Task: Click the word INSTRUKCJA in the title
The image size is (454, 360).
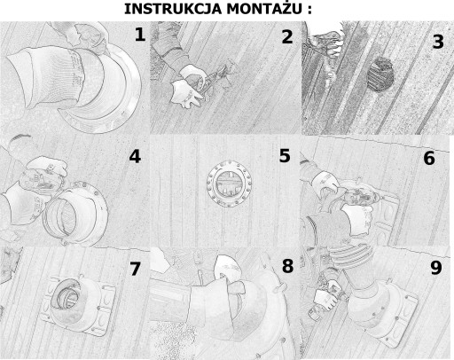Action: pos(173,9)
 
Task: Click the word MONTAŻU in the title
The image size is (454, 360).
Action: pos(264,8)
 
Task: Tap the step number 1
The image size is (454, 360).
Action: pos(140,35)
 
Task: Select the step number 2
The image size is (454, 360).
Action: pos(287,37)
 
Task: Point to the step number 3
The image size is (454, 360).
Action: pos(438,42)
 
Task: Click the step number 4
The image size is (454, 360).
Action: pos(135,156)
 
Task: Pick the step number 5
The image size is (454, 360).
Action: pos(285,156)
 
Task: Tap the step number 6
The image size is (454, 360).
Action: pos(429,158)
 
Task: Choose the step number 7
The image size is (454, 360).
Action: pos(135,269)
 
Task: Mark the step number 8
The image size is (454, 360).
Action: pos(287,266)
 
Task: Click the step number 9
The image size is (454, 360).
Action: pos(436,268)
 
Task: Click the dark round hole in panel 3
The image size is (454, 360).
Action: pos(380,74)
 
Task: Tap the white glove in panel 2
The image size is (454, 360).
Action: pos(185,93)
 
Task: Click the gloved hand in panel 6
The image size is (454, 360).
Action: pos(326,184)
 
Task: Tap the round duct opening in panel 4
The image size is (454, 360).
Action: pos(60,217)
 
